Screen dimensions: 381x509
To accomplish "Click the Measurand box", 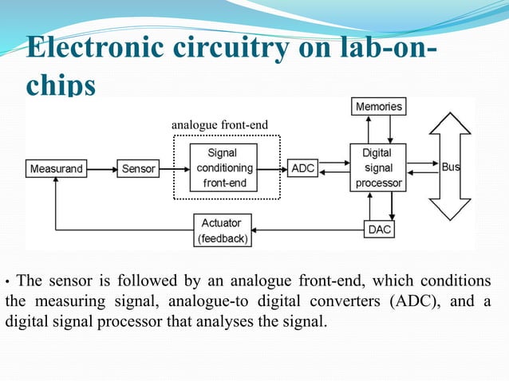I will pos(57,169).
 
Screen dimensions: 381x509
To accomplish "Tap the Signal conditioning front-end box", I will pos(227,168).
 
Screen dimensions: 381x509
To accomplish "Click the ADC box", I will pos(302,169).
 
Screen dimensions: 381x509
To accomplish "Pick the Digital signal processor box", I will pos(377,167).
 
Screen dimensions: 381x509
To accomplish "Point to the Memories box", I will pos(378,106).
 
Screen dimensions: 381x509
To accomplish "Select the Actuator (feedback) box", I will pos(223,230).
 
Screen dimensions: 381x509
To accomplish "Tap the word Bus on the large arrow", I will pos(451,168).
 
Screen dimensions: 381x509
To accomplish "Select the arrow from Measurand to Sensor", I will pos(103,169).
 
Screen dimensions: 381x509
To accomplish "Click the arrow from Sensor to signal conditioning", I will pos(170,169).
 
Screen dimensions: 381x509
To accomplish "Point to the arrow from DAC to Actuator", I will pos(307,230).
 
